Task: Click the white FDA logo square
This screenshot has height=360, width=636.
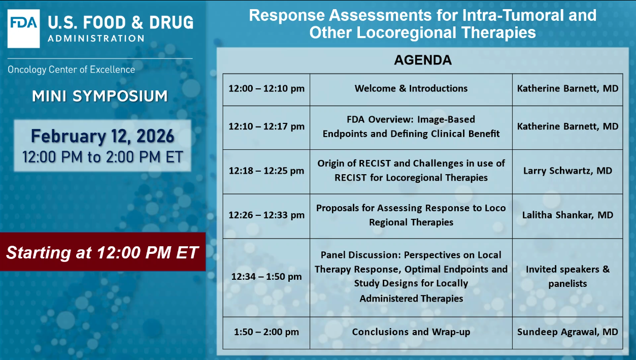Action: pyautogui.click(x=23, y=28)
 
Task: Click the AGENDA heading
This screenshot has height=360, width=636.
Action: pyautogui.click(x=423, y=60)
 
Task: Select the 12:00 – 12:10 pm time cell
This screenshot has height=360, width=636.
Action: pyautogui.click(x=266, y=89)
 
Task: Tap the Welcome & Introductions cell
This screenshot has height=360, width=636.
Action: pyautogui.click(x=411, y=89)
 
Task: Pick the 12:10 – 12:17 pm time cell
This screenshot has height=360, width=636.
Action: pyautogui.click(x=266, y=127)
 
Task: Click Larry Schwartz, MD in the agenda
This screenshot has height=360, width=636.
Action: pyautogui.click(x=567, y=171)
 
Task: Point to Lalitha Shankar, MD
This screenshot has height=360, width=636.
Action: pyautogui.click(x=567, y=215)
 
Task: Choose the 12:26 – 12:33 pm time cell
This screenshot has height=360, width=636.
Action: pyautogui.click(x=266, y=216)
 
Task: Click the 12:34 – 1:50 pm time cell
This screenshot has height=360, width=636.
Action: pyautogui.click(x=266, y=278)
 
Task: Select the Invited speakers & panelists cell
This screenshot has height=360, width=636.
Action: pyautogui.click(x=567, y=278)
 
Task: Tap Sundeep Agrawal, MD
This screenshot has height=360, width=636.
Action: pyautogui.click(x=567, y=332)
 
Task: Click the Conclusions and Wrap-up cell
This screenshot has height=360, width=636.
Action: pyautogui.click(x=411, y=333)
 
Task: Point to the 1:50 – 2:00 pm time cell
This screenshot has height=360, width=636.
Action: pyautogui.click(x=266, y=333)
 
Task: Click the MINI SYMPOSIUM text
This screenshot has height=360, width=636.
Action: pyautogui.click(x=100, y=96)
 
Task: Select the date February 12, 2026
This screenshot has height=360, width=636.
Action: pyautogui.click(x=103, y=136)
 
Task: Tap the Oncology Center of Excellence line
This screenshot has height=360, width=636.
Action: pyautogui.click(x=71, y=70)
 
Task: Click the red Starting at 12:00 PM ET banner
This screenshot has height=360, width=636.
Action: pyautogui.click(x=103, y=252)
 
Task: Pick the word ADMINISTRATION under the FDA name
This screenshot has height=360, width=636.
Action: pyautogui.click(x=96, y=39)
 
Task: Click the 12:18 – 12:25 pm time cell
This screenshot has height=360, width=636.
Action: pyautogui.click(x=266, y=172)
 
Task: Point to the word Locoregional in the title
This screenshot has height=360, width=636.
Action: pyautogui.click(x=407, y=32)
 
